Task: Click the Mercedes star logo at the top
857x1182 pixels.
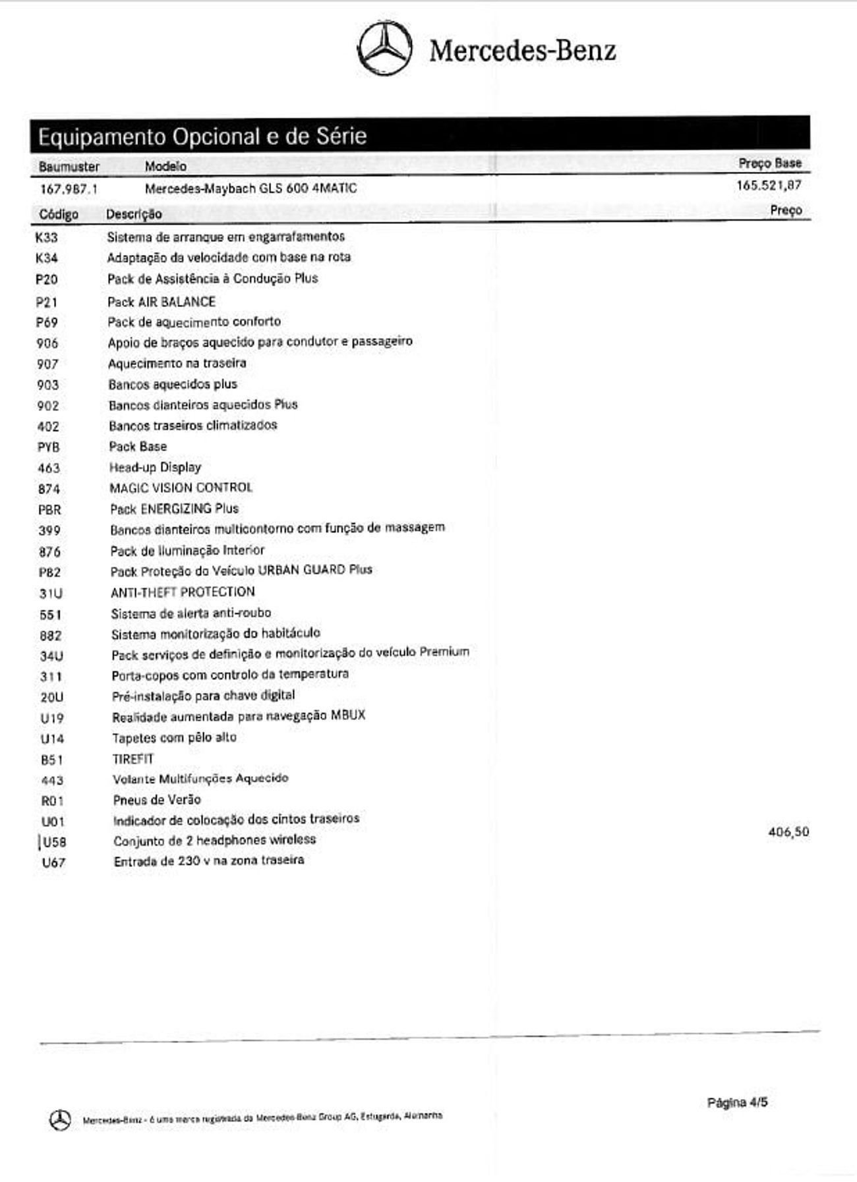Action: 385,48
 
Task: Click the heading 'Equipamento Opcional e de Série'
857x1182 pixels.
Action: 202,136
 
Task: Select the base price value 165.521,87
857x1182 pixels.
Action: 769,185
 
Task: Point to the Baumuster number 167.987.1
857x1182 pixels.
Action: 69,189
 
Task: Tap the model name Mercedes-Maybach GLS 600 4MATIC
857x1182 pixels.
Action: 251,188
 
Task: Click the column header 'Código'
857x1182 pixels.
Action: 59,214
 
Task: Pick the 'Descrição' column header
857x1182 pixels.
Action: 134,214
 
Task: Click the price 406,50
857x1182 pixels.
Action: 788,832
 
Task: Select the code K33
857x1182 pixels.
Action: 46,237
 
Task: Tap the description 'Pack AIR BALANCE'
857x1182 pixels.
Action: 162,302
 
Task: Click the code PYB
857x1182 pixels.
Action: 49,447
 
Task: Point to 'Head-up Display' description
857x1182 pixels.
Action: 155,467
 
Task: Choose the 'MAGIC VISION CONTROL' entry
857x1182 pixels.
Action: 181,488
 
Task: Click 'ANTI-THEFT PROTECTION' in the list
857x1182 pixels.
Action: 183,592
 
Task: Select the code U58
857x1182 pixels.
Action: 53,842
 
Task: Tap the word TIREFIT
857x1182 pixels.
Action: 133,758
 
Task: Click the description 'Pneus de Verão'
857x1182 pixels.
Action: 157,799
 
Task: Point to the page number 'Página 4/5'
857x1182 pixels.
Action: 737,1102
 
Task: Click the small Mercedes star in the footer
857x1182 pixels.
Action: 60,1119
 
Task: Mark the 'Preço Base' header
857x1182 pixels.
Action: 769,163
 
